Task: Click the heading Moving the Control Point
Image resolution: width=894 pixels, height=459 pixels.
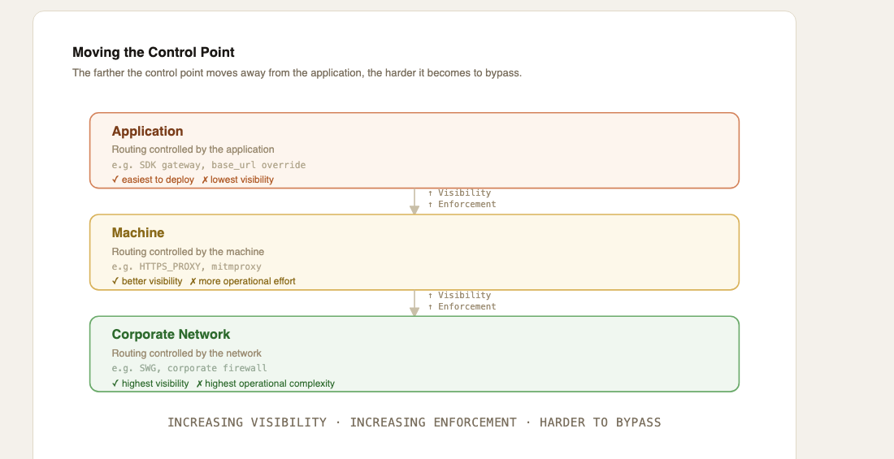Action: coord(154,53)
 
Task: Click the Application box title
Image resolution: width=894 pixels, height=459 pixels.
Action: coord(148,131)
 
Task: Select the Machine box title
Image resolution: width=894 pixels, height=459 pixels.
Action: coord(138,232)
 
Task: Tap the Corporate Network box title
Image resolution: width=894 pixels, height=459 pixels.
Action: coord(171,334)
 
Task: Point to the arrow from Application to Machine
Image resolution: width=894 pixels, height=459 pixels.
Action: coord(414,201)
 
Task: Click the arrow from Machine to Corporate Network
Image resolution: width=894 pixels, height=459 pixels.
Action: coord(414,303)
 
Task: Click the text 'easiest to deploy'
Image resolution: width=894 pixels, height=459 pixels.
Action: coord(158,180)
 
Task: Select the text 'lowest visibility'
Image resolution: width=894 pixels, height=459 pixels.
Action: coord(242,180)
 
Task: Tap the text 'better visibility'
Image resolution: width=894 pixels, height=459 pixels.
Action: coord(152,281)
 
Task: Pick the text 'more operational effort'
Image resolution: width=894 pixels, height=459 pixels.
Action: coord(247,281)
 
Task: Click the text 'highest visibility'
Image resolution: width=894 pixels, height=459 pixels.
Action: coord(155,383)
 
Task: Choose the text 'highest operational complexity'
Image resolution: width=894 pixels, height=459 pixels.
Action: coord(270,383)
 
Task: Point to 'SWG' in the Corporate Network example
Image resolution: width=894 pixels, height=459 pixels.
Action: coord(148,368)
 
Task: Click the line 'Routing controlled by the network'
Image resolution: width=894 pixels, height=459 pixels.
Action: coord(186,353)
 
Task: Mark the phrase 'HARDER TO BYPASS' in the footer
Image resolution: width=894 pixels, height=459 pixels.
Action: coord(601,422)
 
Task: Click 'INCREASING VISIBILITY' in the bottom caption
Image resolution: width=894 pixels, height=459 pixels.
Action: coord(247,422)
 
